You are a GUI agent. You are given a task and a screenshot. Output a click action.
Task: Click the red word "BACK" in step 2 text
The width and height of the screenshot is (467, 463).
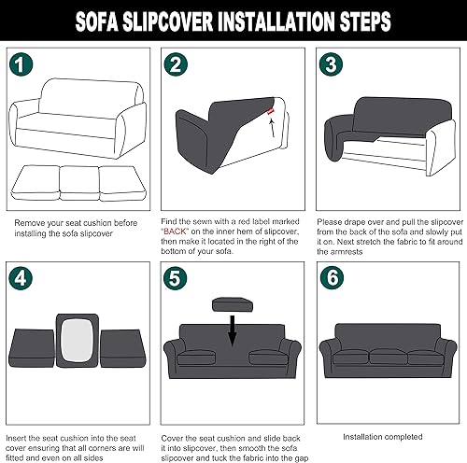coord(177,228)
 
